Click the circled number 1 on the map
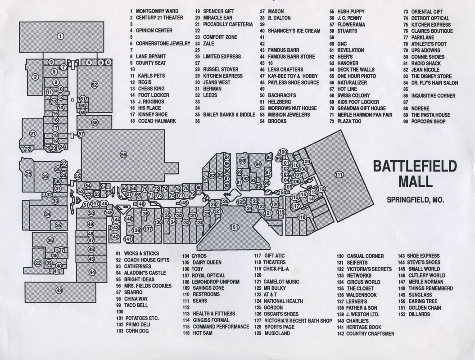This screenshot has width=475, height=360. (61, 36)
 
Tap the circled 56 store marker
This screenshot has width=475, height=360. (123, 154)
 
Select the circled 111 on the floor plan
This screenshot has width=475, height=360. (339, 175)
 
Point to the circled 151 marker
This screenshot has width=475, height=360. (234, 227)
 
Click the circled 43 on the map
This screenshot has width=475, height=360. (59, 291)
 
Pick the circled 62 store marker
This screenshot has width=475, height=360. (95, 85)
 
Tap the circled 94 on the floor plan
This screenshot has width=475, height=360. (258, 164)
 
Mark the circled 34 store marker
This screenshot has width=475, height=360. (48, 214)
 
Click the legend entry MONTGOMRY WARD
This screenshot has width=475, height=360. (157, 11)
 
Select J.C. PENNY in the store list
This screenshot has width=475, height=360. (349, 18)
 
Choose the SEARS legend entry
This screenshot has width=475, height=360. (200, 301)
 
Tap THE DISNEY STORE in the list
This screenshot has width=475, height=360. (431, 76)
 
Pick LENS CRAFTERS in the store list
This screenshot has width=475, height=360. (285, 70)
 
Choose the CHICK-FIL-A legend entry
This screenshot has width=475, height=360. (276, 269)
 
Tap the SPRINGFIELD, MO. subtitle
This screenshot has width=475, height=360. (415, 200)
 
